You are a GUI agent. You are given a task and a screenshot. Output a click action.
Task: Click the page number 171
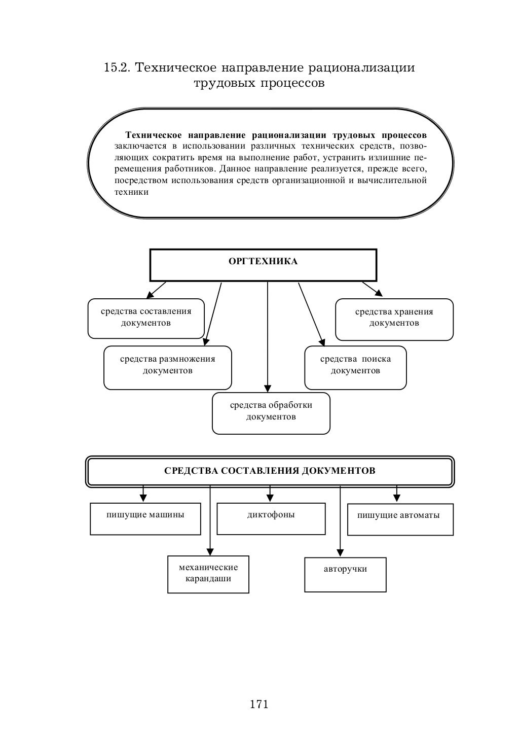tap(259, 704)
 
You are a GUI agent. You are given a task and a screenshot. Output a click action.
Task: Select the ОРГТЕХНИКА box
tap(263, 265)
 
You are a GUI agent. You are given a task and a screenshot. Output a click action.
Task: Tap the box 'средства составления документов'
tap(146, 318)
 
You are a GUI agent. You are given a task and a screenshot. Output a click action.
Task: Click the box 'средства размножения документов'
tap(167, 367)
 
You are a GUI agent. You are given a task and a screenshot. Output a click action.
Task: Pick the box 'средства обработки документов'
tap(271, 413)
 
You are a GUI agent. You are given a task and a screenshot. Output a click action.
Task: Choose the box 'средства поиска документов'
tap(355, 367)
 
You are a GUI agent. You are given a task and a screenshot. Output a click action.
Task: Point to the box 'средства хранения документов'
tap(394, 319)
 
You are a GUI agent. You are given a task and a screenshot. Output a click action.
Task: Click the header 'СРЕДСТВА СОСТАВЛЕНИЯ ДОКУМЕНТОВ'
tap(270, 471)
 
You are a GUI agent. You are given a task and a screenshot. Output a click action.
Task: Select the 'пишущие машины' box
tap(145, 518)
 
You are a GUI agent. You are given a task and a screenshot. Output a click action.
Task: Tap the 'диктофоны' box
tap(271, 518)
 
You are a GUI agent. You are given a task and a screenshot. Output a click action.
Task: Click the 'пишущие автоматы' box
tap(400, 519)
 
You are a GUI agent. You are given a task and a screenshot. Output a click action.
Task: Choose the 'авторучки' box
tap(345, 574)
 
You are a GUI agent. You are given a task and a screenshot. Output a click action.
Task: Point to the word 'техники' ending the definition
tap(131, 192)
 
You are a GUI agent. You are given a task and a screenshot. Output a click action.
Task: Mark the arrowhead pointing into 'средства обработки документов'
tap(268, 388)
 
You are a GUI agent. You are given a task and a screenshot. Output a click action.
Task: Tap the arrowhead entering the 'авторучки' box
tap(340, 553)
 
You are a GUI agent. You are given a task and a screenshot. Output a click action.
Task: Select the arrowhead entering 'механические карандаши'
tap(210, 551)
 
